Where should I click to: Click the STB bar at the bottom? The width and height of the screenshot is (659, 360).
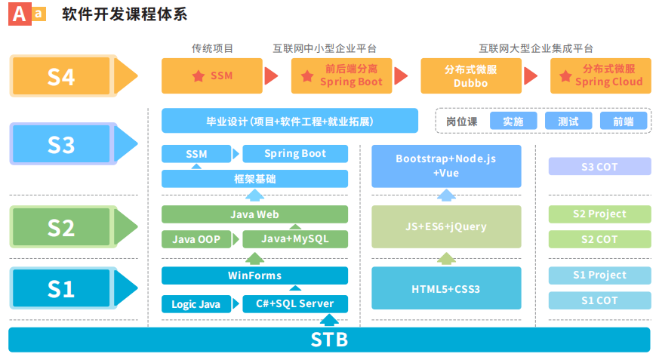329,339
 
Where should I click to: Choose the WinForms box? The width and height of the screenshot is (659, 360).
254,275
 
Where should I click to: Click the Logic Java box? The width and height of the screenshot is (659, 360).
196,304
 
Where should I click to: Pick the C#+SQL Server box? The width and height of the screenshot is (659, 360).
295,304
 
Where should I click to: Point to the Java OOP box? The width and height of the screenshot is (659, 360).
196,239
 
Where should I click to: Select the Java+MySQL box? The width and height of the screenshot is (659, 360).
295,239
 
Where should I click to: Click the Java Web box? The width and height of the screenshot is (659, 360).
254,214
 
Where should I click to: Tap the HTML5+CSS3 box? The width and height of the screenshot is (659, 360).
446,288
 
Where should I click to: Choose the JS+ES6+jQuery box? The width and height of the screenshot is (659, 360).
446,226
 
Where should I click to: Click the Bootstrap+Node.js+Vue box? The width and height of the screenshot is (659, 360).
446,166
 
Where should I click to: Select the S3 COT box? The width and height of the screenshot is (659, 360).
599,166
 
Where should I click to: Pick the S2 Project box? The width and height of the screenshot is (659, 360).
599,214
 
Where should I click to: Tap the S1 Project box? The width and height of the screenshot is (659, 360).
599,275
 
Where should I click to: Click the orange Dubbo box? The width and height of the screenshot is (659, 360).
470,75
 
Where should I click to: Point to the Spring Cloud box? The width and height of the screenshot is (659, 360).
600,75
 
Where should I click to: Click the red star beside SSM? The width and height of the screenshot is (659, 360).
198,75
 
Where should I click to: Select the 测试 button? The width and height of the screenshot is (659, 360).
568,121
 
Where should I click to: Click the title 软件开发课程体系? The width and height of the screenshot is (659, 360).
125,14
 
